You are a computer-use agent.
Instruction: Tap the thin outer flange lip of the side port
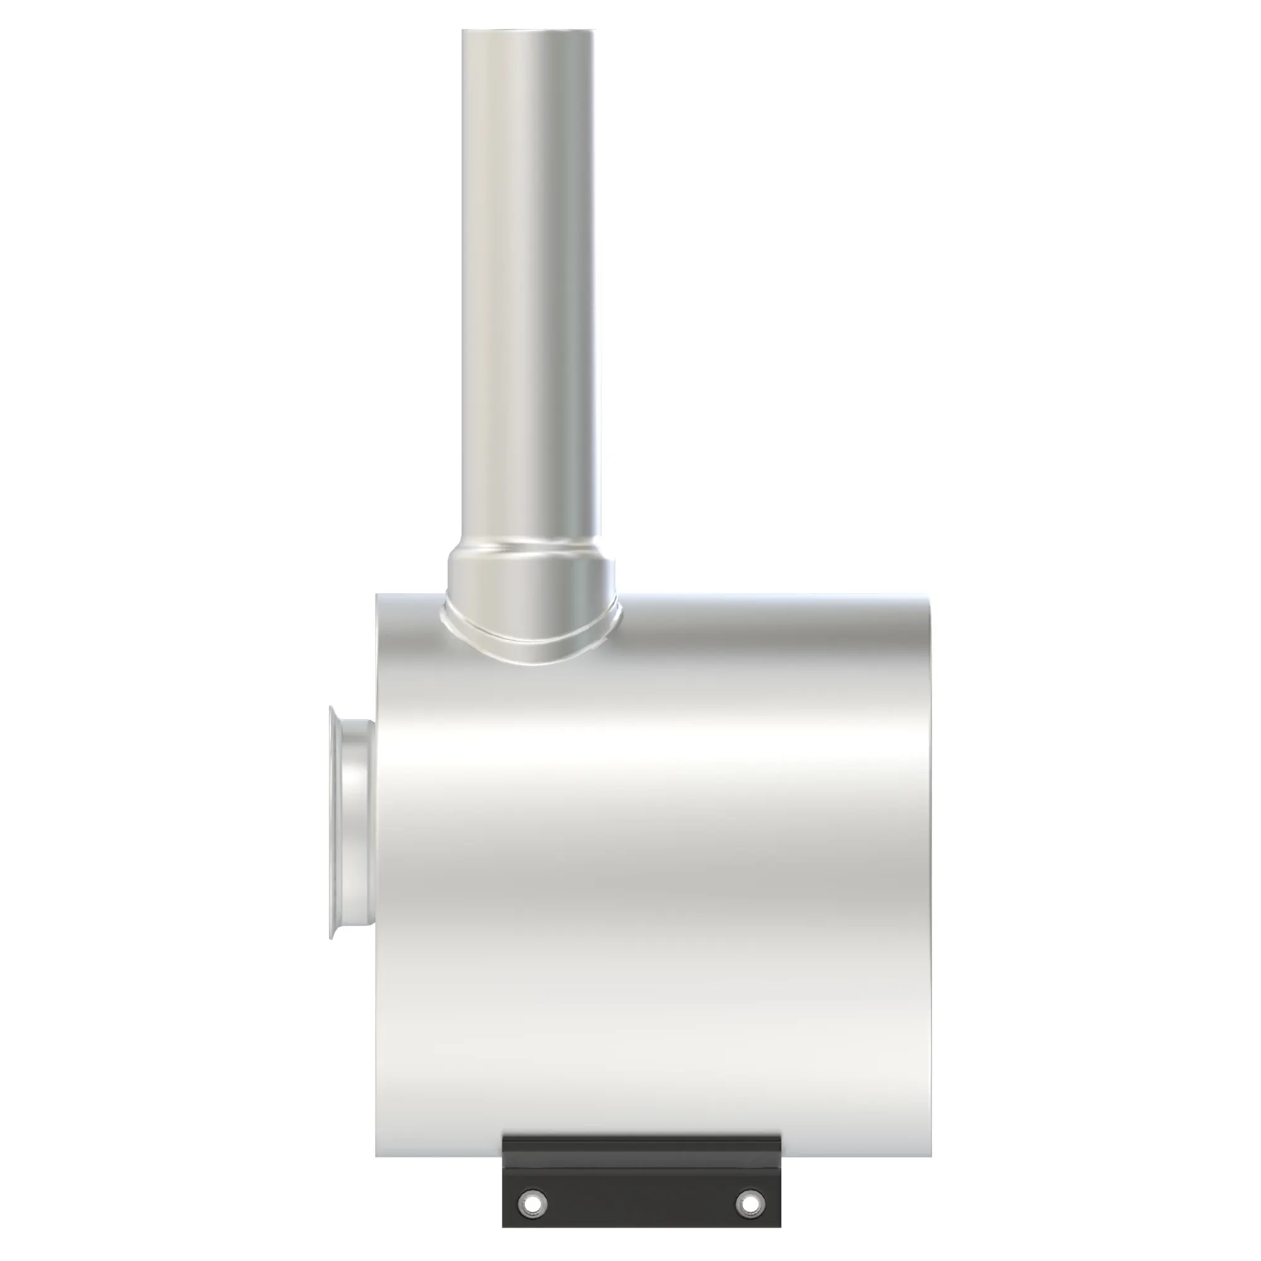(333, 822)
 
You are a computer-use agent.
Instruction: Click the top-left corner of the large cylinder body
(378, 596)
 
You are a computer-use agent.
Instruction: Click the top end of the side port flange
(333, 709)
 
